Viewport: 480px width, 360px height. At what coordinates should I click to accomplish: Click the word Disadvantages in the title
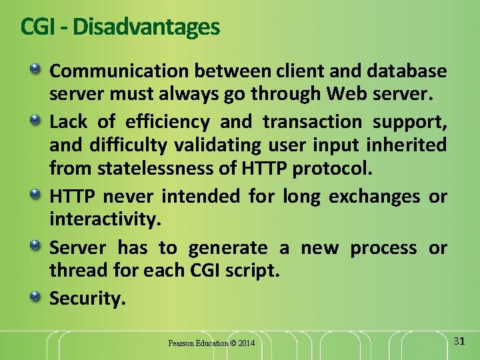point(146,27)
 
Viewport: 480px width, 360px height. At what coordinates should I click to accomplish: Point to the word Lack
point(69,121)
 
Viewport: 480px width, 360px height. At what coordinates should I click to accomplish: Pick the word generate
point(228,248)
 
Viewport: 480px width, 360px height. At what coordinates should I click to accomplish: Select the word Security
point(87,299)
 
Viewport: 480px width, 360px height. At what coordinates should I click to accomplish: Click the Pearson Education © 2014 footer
point(211,343)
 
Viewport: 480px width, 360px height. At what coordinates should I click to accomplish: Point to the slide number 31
point(458,341)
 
